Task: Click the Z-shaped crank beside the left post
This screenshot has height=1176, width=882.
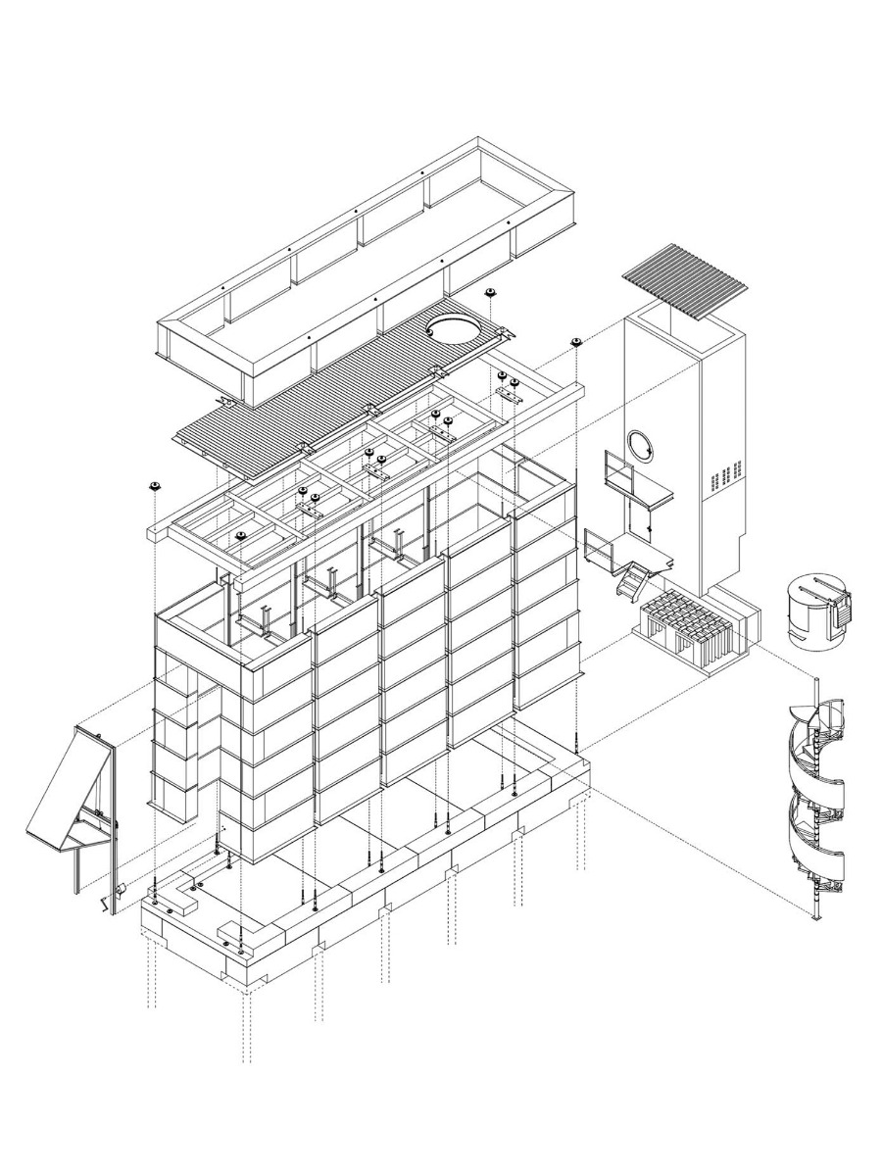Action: (x=101, y=901)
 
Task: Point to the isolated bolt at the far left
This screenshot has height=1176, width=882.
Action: (x=155, y=486)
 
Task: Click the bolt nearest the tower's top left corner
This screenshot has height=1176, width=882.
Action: (x=577, y=341)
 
